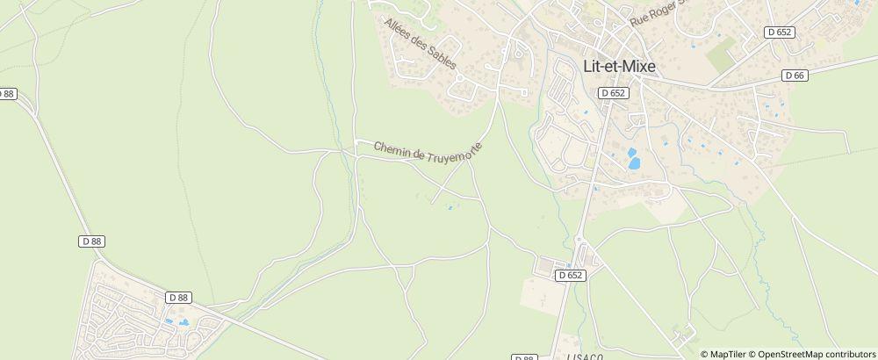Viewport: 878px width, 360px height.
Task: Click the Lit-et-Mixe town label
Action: click(619, 66)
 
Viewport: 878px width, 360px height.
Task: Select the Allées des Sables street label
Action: click(421, 49)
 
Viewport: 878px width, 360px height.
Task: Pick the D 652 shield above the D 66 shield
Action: click(779, 32)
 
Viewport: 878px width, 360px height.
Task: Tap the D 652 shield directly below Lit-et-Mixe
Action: click(614, 91)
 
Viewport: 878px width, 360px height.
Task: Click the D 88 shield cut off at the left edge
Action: click(7, 93)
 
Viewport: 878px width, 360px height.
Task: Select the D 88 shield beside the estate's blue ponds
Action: click(178, 298)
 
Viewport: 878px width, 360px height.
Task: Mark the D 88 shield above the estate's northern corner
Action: click(91, 241)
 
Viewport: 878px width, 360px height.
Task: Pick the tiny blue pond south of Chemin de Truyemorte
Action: click(451, 208)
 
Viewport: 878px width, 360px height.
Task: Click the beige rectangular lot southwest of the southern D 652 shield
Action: click(539, 293)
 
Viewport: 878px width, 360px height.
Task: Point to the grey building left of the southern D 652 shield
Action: click(545, 265)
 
